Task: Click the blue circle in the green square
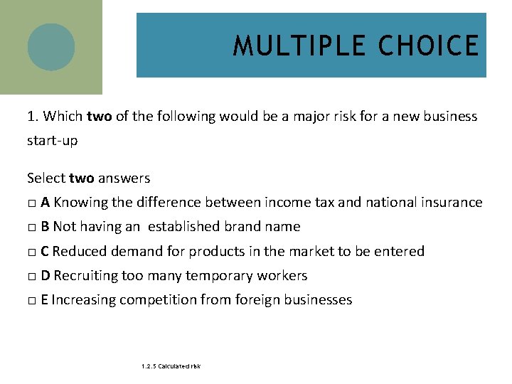[51, 47]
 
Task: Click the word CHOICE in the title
[429, 46]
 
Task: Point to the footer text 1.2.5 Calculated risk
[171, 366]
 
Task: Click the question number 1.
[32, 117]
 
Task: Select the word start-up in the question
[52, 141]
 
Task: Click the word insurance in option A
[449, 203]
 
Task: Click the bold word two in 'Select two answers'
[82, 178]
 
